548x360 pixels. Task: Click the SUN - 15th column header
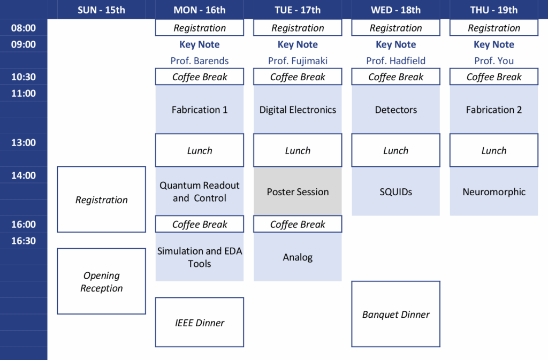pyautogui.click(x=101, y=10)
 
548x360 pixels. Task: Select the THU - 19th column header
pyautogui.click(x=493, y=10)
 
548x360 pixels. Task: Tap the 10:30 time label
pyautogui.click(x=24, y=77)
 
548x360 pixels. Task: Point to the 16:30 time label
pyautogui.click(x=24, y=241)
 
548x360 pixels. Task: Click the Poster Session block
pyautogui.click(x=298, y=192)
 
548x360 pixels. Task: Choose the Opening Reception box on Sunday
pyautogui.click(x=101, y=281)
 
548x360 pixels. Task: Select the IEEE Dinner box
pyautogui.click(x=200, y=323)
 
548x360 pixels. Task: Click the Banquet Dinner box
pyautogui.click(x=395, y=315)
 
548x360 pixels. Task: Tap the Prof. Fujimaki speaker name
pyautogui.click(x=298, y=61)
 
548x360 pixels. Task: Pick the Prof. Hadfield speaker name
pyautogui.click(x=395, y=61)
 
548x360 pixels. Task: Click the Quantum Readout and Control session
pyautogui.click(x=200, y=192)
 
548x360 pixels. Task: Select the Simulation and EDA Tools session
pyautogui.click(x=200, y=257)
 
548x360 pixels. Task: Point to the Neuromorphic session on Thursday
pyautogui.click(x=493, y=192)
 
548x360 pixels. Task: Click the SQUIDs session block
pyautogui.click(x=395, y=192)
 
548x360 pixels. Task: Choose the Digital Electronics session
pyautogui.click(x=298, y=110)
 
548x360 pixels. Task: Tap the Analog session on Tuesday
pyautogui.click(x=298, y=257)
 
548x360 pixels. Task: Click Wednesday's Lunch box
pyautogui.click(x=395, y=150)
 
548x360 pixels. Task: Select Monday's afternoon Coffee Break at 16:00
pyautogui.click(x=200, y=224)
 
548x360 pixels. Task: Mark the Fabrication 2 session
pyautogui.click(x=493, y=110)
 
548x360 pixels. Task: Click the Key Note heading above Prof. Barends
pyautogui.click(x=200, y=44)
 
